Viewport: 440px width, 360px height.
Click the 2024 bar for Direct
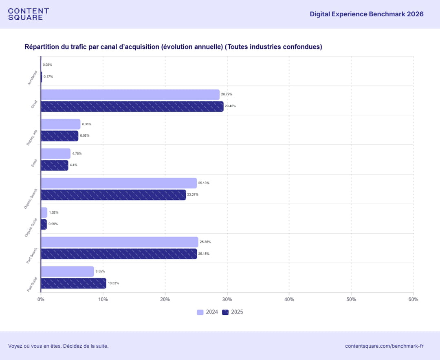pos(130,95)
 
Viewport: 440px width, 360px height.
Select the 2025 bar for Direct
pos(132,106)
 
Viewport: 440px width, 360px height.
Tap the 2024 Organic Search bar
pos(119,183)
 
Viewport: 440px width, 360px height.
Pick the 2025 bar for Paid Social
pos(73,283)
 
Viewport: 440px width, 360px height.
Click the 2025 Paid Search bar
pos(119,254)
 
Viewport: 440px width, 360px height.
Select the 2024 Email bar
pos(55,154)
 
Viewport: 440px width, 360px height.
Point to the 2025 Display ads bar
pos(59,136)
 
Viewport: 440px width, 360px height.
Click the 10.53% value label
pos(113,283)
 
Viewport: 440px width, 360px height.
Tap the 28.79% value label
pos(227,95)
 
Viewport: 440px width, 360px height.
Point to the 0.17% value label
pos(48,77)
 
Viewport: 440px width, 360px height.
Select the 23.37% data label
pos(193,195)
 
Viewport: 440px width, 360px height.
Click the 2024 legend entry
pos(207,312)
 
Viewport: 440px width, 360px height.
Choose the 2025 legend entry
pos(233,312)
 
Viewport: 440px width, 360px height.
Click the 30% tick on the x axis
pos(227,300)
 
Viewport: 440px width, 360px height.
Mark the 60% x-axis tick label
pos(413,300)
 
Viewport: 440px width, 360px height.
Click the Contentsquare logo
pos(29,14)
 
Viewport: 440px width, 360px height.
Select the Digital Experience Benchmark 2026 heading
pos(366,14)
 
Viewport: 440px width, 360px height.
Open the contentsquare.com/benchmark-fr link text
pos(384,346)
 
